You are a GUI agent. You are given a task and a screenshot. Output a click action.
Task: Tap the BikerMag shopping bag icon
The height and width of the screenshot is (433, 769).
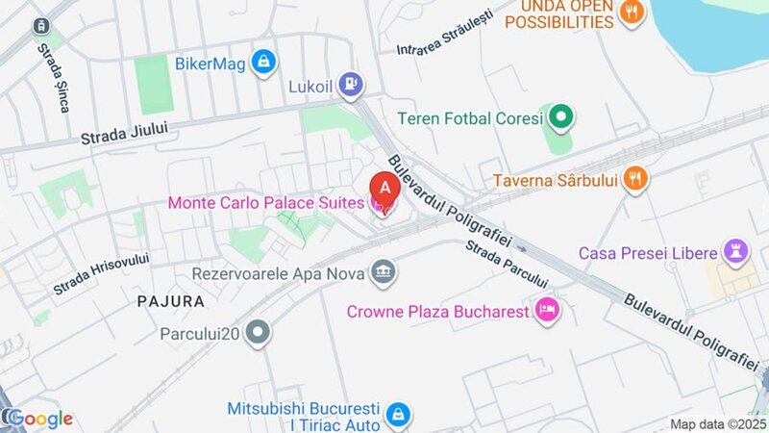click(262, 64)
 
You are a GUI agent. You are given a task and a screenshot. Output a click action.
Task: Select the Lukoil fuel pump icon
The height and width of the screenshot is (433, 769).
click(352, 87)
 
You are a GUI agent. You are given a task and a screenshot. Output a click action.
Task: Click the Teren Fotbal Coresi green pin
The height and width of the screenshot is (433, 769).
click(559, 119)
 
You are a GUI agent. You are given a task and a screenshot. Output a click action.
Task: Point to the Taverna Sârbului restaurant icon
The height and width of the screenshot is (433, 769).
click(635, 179)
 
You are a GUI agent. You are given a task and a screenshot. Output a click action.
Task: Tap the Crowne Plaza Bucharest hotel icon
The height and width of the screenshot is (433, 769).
click(548, 312)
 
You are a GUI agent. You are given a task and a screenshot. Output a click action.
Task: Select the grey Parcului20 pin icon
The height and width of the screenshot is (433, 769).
click(258, 335)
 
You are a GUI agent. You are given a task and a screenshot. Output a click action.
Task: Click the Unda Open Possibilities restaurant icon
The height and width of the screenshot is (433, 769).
click(632, 12)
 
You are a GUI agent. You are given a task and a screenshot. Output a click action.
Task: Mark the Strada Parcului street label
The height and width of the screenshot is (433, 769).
click(507, 265)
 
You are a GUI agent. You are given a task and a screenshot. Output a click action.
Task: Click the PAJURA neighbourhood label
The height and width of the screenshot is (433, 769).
click(171, 301)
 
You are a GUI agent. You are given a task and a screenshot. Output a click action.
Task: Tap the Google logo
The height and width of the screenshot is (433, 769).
click(38, 419)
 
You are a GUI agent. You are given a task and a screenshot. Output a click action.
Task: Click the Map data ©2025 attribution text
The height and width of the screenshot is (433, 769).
click(716, 424)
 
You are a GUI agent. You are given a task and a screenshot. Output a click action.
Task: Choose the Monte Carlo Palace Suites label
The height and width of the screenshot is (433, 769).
click(266, 203)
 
